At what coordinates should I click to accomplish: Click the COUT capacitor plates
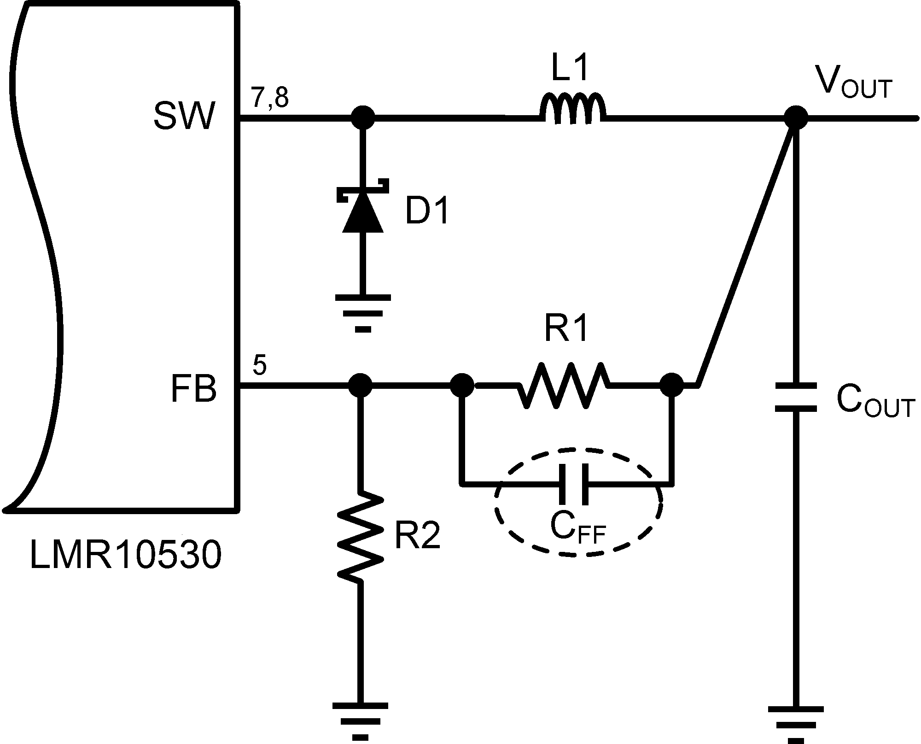[x=796, y=397]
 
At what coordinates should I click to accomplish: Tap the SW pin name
[x=184, y=116]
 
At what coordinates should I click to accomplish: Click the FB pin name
[x=193, y=390]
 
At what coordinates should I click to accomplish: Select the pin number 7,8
[x=270, y=98]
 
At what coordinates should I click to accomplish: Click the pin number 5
[x=259, y=366]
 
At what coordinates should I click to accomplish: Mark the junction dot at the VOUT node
[x=796, y=118]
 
